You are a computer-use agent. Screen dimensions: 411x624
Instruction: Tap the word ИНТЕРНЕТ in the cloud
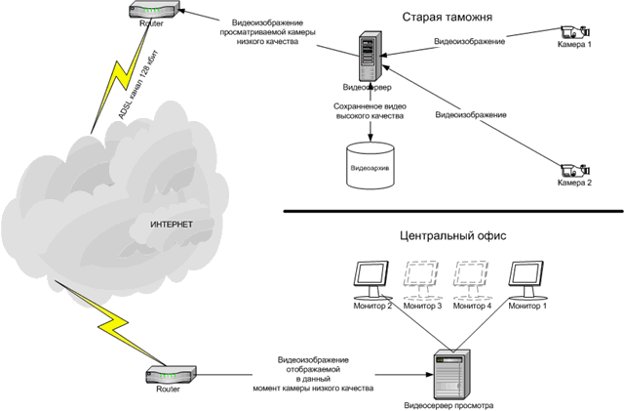(x=172, y=226)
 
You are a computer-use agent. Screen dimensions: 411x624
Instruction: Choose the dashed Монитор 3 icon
(x=422, y=279)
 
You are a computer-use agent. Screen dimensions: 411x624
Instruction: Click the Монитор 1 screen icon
(x=526, y=279)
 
